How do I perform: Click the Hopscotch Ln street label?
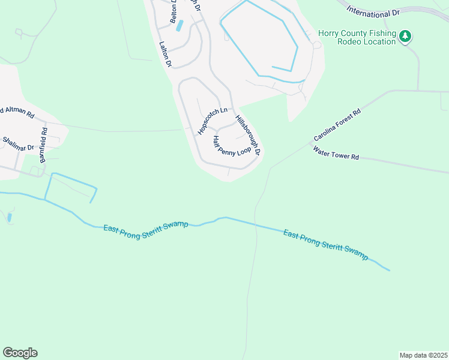click(x=212, y=121)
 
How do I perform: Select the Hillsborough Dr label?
click(x=248, y=135)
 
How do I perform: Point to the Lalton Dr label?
click(x=166, y=54)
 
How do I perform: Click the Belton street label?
click(x=174, y=12)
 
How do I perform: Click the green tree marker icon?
click(x=406, y=37)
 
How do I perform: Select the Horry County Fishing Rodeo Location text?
click(x=357, y=37)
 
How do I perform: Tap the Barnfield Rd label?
click(x=43, y=145)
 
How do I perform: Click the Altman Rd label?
click(x=18, y=113)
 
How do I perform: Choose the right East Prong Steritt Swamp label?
click(x=325, y=244)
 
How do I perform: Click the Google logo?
click(x=20, y=353)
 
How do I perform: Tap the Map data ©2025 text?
click(x=423, y=355)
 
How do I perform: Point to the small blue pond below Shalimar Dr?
click(x=10, y=218)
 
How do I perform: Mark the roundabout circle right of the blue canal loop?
click(x=316, y=45)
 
